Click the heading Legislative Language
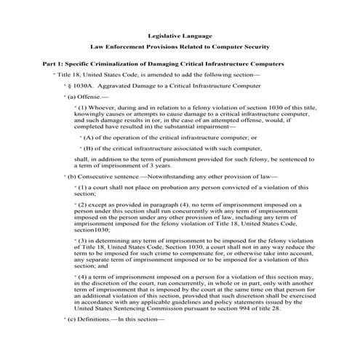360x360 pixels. tap(180, 36)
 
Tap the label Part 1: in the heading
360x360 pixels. tap(55, 64)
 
